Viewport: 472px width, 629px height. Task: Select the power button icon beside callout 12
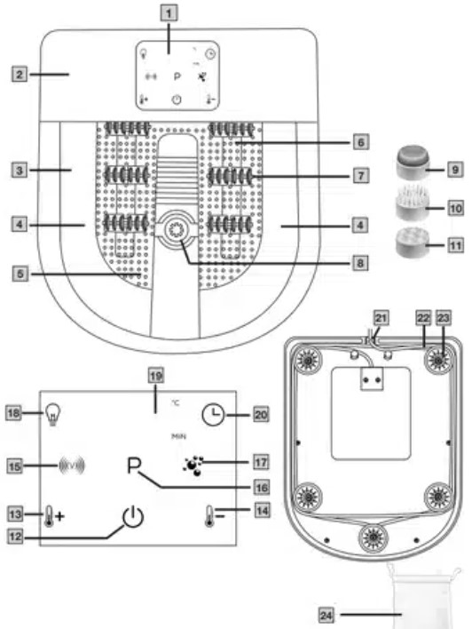(x=133, y=516)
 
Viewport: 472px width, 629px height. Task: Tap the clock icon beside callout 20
(x=212, y=413)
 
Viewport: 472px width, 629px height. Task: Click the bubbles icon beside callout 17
(x=191, y=463)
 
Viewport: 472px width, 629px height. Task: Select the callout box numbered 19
(x=156, y=376)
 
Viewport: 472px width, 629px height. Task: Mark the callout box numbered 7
(x=358, y=176)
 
